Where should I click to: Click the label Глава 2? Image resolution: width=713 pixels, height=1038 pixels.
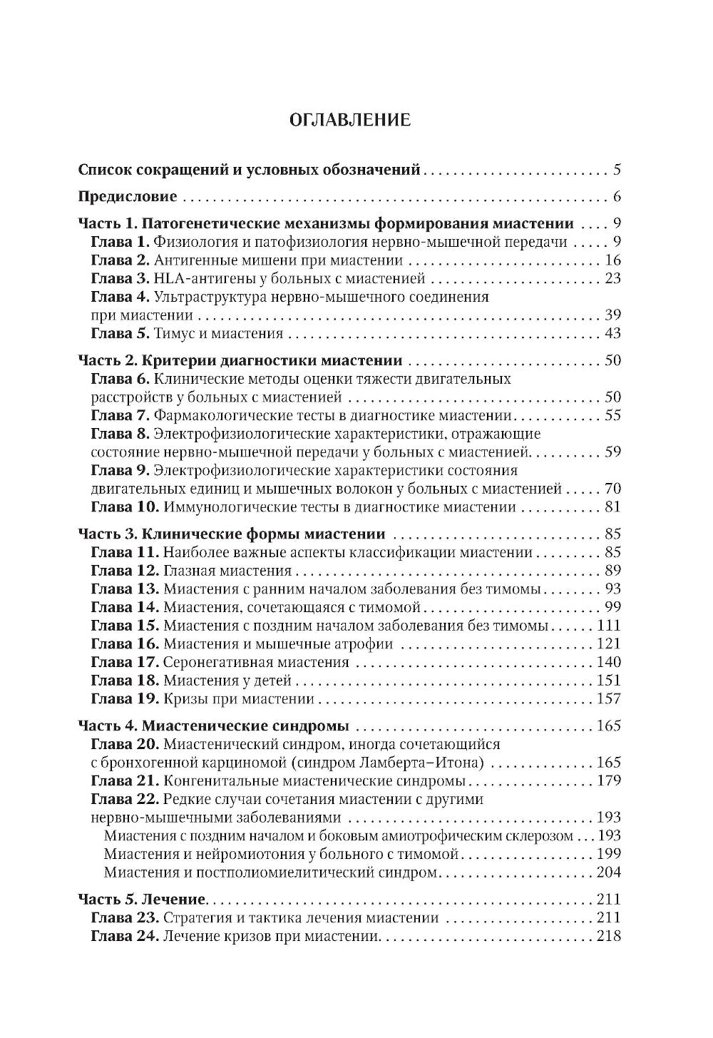(120, 260)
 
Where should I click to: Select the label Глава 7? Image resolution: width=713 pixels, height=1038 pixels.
(120, 415)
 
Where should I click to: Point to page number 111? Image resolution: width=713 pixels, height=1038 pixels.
(609, 625)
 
